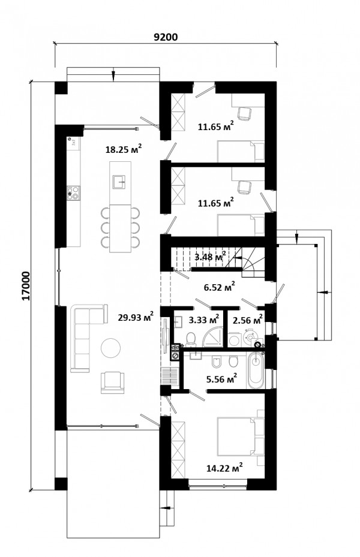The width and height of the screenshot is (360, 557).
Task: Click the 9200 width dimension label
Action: tap(165, 37)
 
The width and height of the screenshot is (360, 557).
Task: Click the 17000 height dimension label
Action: tap(26, 286)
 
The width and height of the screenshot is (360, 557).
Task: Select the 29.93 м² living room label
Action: tap(136, 317)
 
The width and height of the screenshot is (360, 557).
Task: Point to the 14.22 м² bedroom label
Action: tap(224, 468)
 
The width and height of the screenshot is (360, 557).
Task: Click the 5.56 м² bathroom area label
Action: tap(221, 379)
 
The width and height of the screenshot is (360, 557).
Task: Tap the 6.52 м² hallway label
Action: tap(219, 287)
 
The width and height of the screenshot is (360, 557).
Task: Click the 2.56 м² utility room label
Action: tap(248, 320)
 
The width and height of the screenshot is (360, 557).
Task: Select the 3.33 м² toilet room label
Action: tap(203, 320)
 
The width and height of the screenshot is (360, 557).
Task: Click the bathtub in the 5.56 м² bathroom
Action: tap(256, 370)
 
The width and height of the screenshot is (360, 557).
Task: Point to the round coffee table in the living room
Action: tap(110, 347)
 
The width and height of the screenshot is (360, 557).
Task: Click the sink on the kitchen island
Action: tap(119, 182)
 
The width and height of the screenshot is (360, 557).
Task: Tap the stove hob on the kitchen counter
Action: tap(73, 193)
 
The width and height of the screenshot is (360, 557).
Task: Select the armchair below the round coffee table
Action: tap(112, 383)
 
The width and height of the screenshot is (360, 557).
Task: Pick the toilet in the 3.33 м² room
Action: tap(191, 339)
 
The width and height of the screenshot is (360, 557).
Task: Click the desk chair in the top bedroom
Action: tap(245, 114)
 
